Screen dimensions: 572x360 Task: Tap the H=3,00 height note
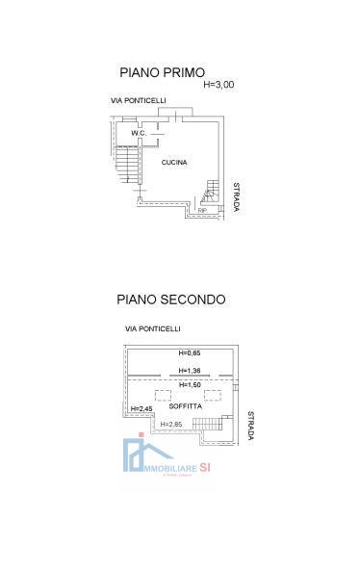point(219,85)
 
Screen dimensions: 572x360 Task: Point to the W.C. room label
point(137,133)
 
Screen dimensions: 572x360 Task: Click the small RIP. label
point(202,209)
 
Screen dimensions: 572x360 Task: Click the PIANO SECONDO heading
point(171,299)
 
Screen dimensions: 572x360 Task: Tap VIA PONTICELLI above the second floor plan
point(152,329)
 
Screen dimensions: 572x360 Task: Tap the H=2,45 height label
point(141,408)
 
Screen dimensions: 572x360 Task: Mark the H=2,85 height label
point(170,424)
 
